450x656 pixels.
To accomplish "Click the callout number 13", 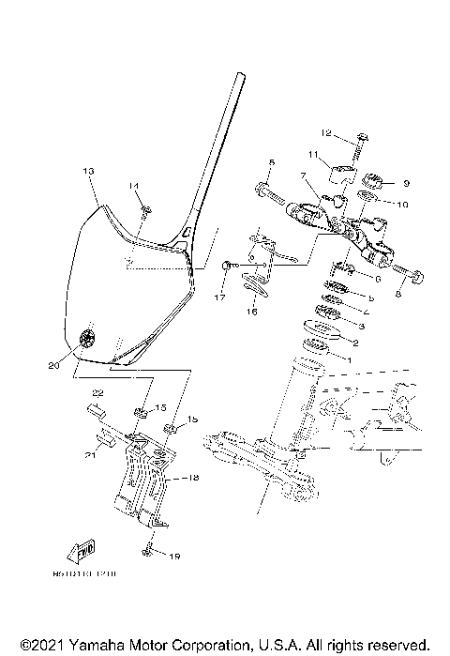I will pos(89,172).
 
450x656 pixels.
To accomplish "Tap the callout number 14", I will pos(134,187).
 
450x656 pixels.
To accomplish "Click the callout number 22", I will pos(96,393).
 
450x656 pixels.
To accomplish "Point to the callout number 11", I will pos(313,155).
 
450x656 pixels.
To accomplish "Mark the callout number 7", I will pos(304,175).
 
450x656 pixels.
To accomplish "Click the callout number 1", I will pos(351,359).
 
